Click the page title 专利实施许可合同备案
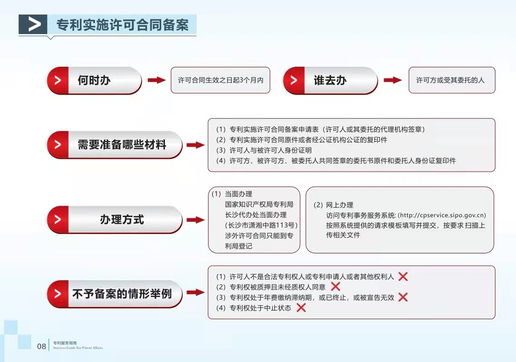pyautogui.click(x=123, y=25)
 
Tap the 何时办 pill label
pyautogui.click(x=94, y=80)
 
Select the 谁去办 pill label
pyautogui.click(x=330, y=80)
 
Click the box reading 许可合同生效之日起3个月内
pyautogui.click(x=220, y=80)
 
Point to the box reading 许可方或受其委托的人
pyautogui.click(x=452, y=80)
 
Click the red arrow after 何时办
pyautogui.click(x=157, y=80)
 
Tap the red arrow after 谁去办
pyautogui.click(x=393, y=80)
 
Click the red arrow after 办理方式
pyautogui.click(x=195, y=220)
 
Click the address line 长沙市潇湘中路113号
pyautogui.click(x=261, y=225)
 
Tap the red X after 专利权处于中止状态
pyautogui.click(x=301, y=307)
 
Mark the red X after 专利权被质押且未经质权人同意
pyautogui.click(x=335, y=287)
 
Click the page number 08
pyautogui.click(x=41, y=346)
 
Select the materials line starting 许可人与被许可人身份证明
pyautogui.click(x=271, y=150)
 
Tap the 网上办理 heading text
pyautogui.click(x=340, y=205)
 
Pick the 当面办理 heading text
pyautogui.click(x=238, y=194)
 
